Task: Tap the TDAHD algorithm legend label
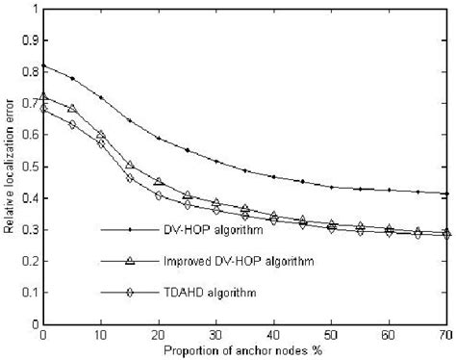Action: tap(193, 290)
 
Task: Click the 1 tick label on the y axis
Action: tap(36, 9)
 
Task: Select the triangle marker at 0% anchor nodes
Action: tap(42, 97)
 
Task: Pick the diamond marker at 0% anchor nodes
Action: tap(42, 109)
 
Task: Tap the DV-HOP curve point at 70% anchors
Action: tap(446, 193)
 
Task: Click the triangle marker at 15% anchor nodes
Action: tap(129, 166)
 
